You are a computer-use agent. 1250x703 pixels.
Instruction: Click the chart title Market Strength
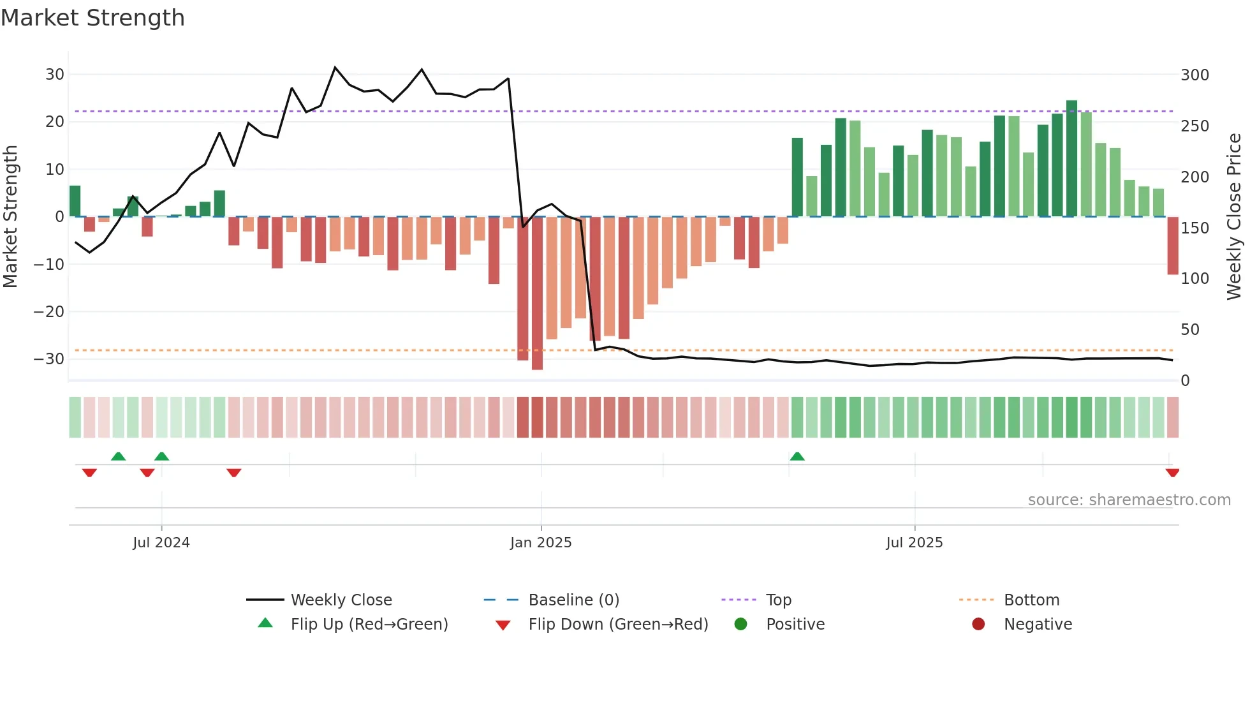point(92,18)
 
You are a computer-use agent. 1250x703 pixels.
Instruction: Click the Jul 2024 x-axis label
point(161,543)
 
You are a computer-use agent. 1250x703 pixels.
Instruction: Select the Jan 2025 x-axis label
point(541,543)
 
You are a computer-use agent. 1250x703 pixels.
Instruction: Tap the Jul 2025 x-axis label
point(914,543)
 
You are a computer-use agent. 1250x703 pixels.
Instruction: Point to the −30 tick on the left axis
point(49,359)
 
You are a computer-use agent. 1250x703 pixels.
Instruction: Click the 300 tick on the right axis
point(1195,75)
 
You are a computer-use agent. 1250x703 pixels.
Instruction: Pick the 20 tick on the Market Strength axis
point(54,122)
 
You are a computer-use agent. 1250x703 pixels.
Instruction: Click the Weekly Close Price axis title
point(1234,217)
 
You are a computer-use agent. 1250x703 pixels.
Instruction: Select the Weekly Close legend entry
point(341,600)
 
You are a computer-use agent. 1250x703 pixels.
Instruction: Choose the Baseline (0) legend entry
point(573,600)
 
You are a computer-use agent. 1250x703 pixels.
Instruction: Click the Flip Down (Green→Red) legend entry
point(617,625)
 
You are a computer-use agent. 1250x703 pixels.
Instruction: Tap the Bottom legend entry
point(1031,600)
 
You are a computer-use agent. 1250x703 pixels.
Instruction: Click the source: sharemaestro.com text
point(1129,500)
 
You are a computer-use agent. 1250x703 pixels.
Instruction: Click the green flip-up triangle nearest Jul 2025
point(797,456)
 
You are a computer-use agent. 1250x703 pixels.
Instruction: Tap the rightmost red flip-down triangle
point(1172,473)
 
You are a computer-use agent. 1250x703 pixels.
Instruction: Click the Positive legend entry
point(795,625)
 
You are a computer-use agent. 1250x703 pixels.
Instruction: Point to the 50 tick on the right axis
point(1190,330)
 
